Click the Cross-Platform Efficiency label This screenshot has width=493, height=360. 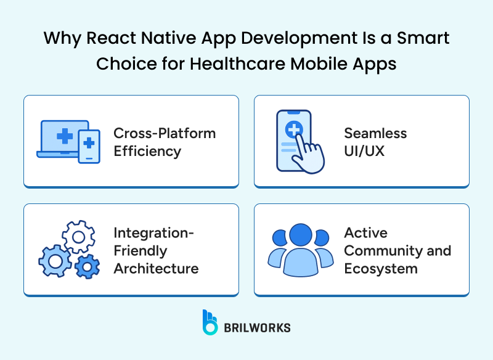click(165, 142)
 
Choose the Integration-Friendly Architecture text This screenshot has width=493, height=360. click(156, 250)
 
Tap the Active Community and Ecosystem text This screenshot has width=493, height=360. click(397, 250)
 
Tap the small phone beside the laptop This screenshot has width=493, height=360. click(89, 146)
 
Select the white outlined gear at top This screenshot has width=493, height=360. click(79, 235)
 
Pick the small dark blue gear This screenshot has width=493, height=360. click(88, 266)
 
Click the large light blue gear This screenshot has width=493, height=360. click(55, 261)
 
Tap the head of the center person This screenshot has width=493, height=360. click(301, 235)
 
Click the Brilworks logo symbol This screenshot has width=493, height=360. click(211, 322)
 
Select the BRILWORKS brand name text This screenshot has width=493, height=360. click(258, 327)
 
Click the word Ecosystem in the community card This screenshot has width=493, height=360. click(381, 268)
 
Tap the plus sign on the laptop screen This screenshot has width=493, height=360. click(63, 135)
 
